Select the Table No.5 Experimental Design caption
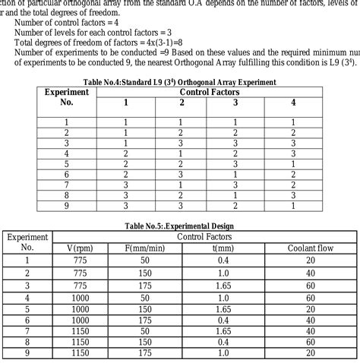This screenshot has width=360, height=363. (179, 226)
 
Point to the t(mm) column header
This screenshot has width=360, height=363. (223, 247)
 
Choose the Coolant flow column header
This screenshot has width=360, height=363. (311, 247)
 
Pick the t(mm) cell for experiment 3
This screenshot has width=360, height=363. (223, 285)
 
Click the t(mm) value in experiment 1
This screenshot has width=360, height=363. (223, 260)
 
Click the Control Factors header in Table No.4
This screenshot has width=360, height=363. (210, 91)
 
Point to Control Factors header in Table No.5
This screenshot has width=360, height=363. (204, 237)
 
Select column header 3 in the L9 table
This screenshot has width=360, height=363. (235, 103)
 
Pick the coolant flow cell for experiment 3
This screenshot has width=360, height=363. (311, 285)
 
